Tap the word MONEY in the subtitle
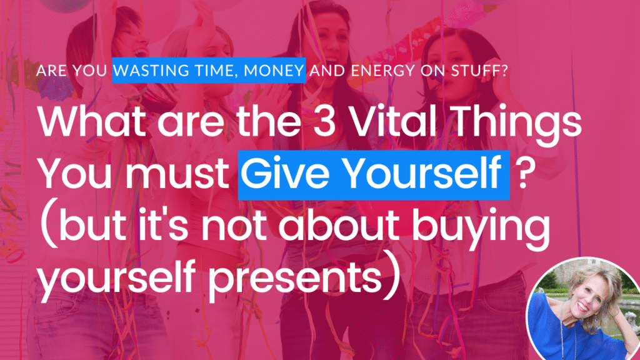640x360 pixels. click(x=274, y=71)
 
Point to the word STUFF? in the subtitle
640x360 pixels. click(x=479, y=71)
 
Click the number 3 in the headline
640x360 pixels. click(x=324, y=121)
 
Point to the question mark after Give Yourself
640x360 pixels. click(x=526, y=173)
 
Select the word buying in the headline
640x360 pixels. click(x=481, y=229)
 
